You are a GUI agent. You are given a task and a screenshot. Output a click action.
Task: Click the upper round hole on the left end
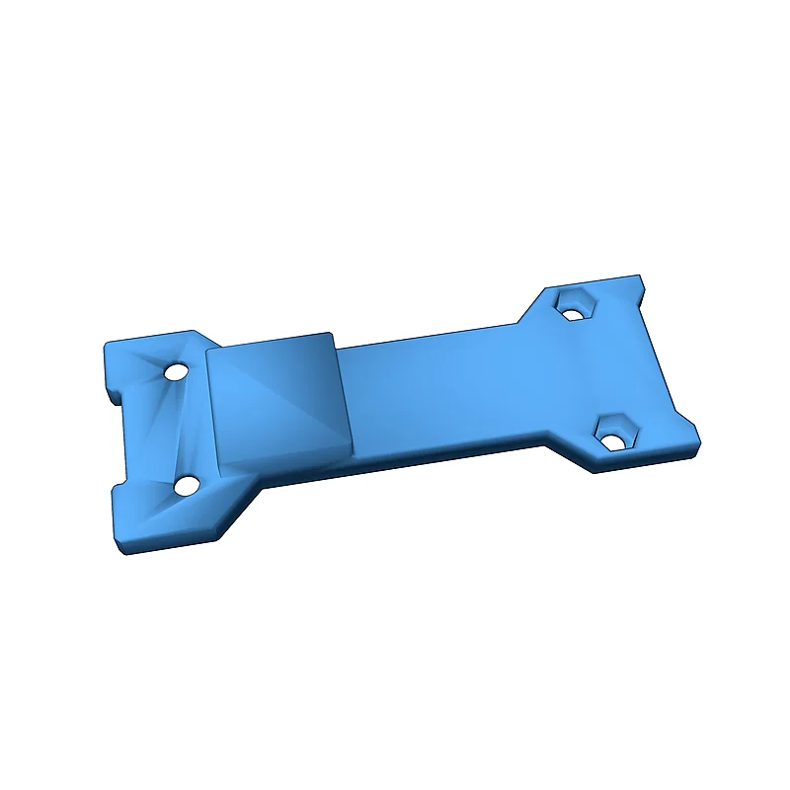click(x=176, y=373)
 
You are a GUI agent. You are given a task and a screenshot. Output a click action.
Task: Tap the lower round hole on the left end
click(x=186, y=485)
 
